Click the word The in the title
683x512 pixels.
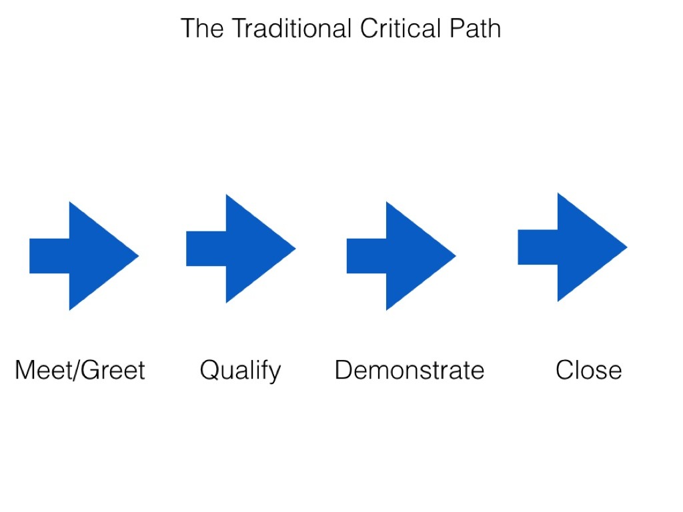(x=200, y=29)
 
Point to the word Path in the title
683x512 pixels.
(x=476, y=29)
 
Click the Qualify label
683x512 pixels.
(x=240, y=370)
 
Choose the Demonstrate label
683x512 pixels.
(x=409, y=369)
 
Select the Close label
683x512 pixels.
(x=588, y=369)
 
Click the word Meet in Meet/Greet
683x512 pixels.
(x=41, y=369)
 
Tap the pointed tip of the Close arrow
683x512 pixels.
(x=625, y=247)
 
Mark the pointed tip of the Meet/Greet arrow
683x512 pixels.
(x=137, y=255)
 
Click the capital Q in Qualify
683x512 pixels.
(x=209, y=369)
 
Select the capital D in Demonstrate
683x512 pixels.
(x=343, y=369)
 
